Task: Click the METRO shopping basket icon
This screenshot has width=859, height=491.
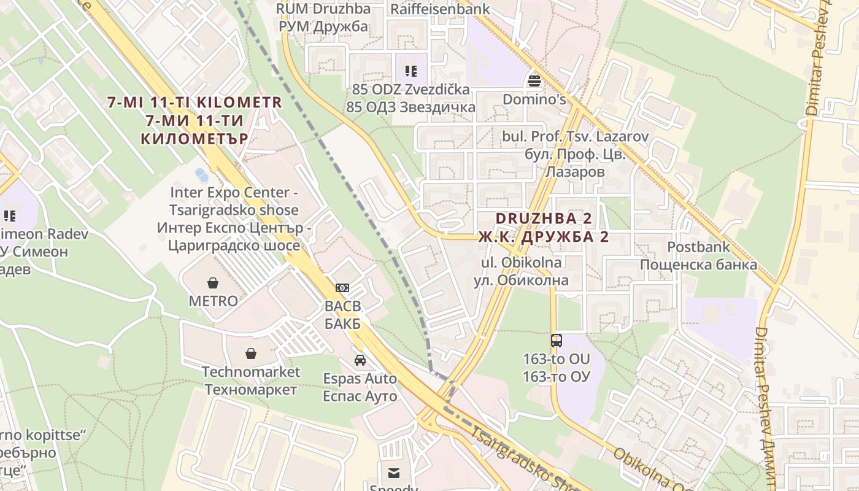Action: click(212, 282)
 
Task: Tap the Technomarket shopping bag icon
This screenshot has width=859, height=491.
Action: click(250, 354)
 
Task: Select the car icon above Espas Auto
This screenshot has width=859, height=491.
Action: click(360, 360)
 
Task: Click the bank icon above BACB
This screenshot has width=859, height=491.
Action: click(342, 287)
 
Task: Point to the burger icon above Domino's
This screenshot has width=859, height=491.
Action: click(534, 81)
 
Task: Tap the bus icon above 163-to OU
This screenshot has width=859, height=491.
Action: click(557, 339)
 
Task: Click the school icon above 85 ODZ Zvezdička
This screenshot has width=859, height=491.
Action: click(410, 71)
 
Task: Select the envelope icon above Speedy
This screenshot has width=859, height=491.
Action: click(393, 472)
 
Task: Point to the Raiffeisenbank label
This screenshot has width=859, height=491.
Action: click(440, 9)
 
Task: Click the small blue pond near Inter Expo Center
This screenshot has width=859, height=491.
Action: click(201, 175)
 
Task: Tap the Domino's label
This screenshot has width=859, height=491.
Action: click(534, 99)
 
